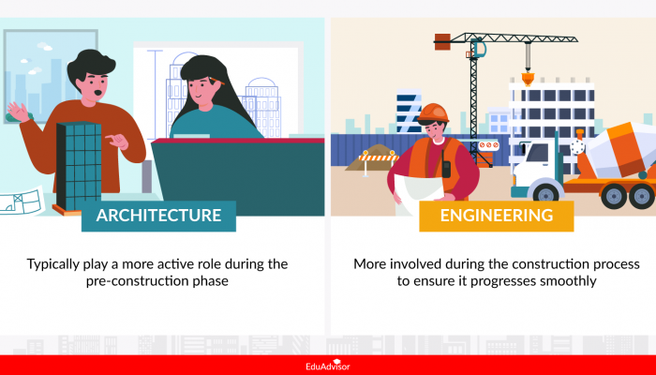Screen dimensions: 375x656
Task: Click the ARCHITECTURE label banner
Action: click(x=158, y=216)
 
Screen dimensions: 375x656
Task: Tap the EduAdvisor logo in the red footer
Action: click(x=328, y=366)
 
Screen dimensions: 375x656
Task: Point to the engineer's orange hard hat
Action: click(x=432, y=113)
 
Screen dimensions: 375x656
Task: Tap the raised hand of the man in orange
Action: click(x=18, y=111)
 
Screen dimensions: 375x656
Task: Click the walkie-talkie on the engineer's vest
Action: click(x=447, y=169)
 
